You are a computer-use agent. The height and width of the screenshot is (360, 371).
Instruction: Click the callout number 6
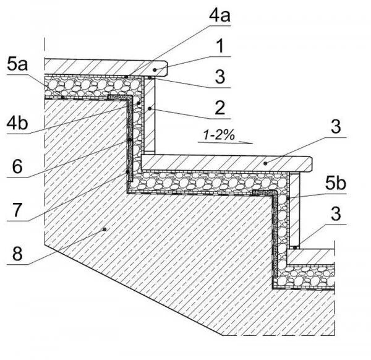coord(16,165)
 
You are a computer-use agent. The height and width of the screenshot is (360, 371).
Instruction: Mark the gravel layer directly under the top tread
coord(93,85)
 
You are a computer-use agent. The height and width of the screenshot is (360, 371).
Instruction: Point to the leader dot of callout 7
coord(126,171)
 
